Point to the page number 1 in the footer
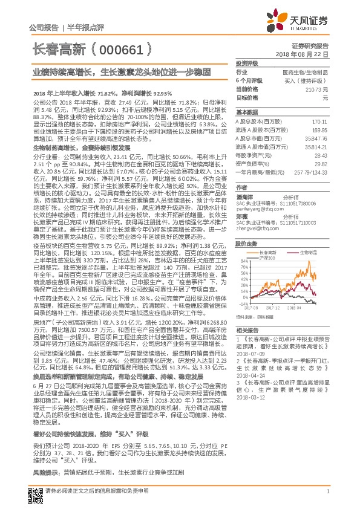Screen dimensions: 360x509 (x=327, y=491)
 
